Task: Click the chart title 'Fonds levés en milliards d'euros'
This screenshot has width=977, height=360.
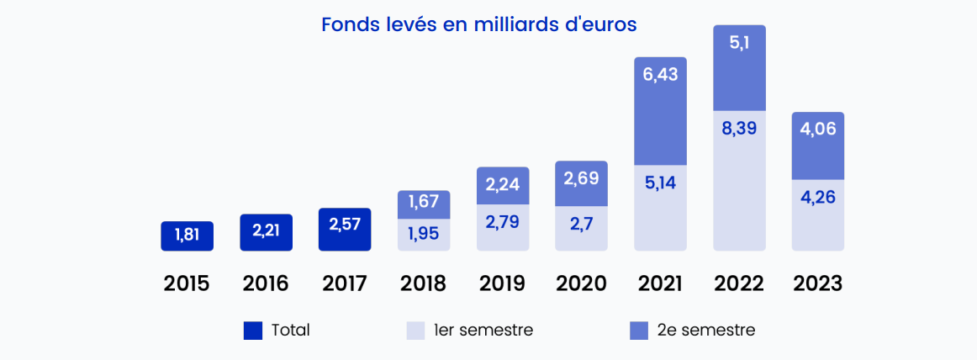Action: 478,24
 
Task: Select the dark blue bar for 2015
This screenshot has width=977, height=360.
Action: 187,236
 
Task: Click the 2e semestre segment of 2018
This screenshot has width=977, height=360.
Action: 424,204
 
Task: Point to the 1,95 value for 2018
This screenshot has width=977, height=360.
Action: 424,233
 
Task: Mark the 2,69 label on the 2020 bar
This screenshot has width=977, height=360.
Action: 581,178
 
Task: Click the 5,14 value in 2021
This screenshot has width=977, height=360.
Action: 660,182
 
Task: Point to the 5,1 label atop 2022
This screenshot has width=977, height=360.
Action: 739,44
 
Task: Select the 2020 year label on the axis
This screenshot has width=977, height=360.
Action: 581,283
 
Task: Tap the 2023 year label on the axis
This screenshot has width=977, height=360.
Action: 818,283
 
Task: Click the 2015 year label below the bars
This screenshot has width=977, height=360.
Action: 187,283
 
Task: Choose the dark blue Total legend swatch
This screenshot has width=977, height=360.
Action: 252,331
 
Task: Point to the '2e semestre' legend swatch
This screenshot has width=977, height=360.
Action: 639,331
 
